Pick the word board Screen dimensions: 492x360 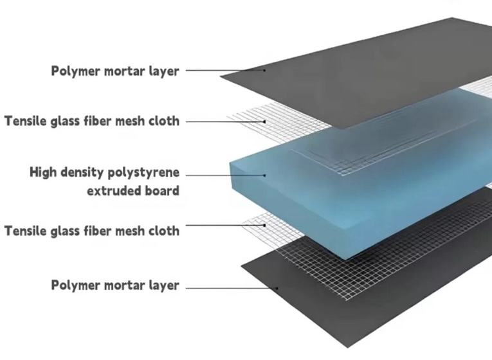pyautogui.click(x=163, y=190)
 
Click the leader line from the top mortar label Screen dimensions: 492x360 pyautogui.click(x=225, y=70)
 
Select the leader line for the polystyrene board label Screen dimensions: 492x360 pyautogui.click(x=225, y=174)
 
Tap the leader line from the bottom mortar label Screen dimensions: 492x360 pyautogui.click(x=232, y=287)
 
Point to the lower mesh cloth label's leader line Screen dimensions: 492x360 pyautogui.click(x=225, y=225)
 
